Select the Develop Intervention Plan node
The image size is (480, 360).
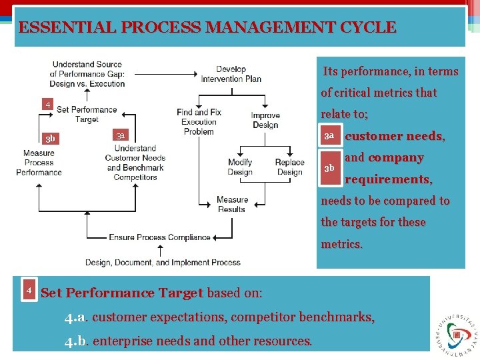pos(231,74)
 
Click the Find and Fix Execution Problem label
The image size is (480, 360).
pos(199,122)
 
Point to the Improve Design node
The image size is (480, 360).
pos(265,121)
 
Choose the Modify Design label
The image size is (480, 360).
pos(240,167)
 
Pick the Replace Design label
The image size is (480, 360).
pos(289,167)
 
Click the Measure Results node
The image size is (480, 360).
pos(232,204)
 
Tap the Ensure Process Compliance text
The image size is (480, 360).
pos(159,237)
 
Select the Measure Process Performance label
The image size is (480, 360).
pos(39,163)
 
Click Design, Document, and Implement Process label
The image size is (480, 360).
pos(163,263)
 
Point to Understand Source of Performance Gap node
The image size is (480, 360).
pos(87,74)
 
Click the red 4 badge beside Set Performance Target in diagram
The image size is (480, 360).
pos(47,105)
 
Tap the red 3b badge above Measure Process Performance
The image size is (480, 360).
pos(50,139)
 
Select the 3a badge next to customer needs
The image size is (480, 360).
pos(329,136)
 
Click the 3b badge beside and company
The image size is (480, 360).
pos(329,168)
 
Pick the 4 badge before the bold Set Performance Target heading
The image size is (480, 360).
pos(29,291)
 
